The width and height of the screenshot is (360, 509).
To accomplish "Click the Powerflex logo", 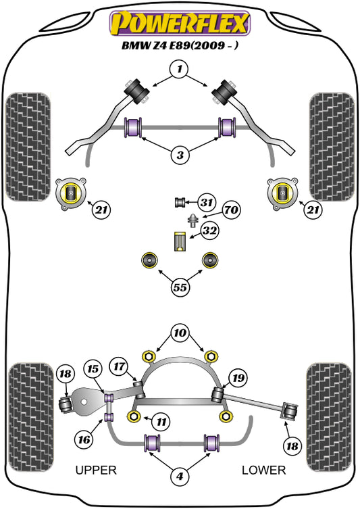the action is tap(180, 24).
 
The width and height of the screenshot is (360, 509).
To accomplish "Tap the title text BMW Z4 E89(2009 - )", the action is tap(180, 45).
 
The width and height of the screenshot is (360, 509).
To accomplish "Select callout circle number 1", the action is tap(180, 69).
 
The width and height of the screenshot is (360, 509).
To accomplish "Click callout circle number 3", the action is tap(180, 155).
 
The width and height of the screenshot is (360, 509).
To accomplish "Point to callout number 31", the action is tap(207, 203).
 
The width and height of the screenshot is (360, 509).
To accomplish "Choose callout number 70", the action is tap(231, 210).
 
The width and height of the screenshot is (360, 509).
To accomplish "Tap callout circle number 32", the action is tap(209, 231).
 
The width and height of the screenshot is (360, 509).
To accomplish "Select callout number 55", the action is tap(180, 287).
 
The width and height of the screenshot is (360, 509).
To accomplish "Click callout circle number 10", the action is tap(180, 333).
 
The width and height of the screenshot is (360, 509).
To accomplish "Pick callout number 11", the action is tap(161, 422).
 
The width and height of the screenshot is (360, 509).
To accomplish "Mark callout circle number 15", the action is tap(93, 369).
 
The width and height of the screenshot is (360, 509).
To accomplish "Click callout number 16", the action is tap(84, 439).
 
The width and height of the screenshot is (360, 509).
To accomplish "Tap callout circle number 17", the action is tap(119, 366).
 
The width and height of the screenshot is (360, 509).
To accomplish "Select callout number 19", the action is tap(238, 378).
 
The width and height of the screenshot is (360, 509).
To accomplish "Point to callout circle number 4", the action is tap(180, 476).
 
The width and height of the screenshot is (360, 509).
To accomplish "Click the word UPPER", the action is tap(96, 470).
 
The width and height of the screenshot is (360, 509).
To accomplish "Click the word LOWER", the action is tap(263, 470).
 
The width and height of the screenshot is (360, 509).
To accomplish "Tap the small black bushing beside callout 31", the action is tap(180, 203).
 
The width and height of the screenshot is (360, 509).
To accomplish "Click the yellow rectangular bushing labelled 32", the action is tap(180, 241).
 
